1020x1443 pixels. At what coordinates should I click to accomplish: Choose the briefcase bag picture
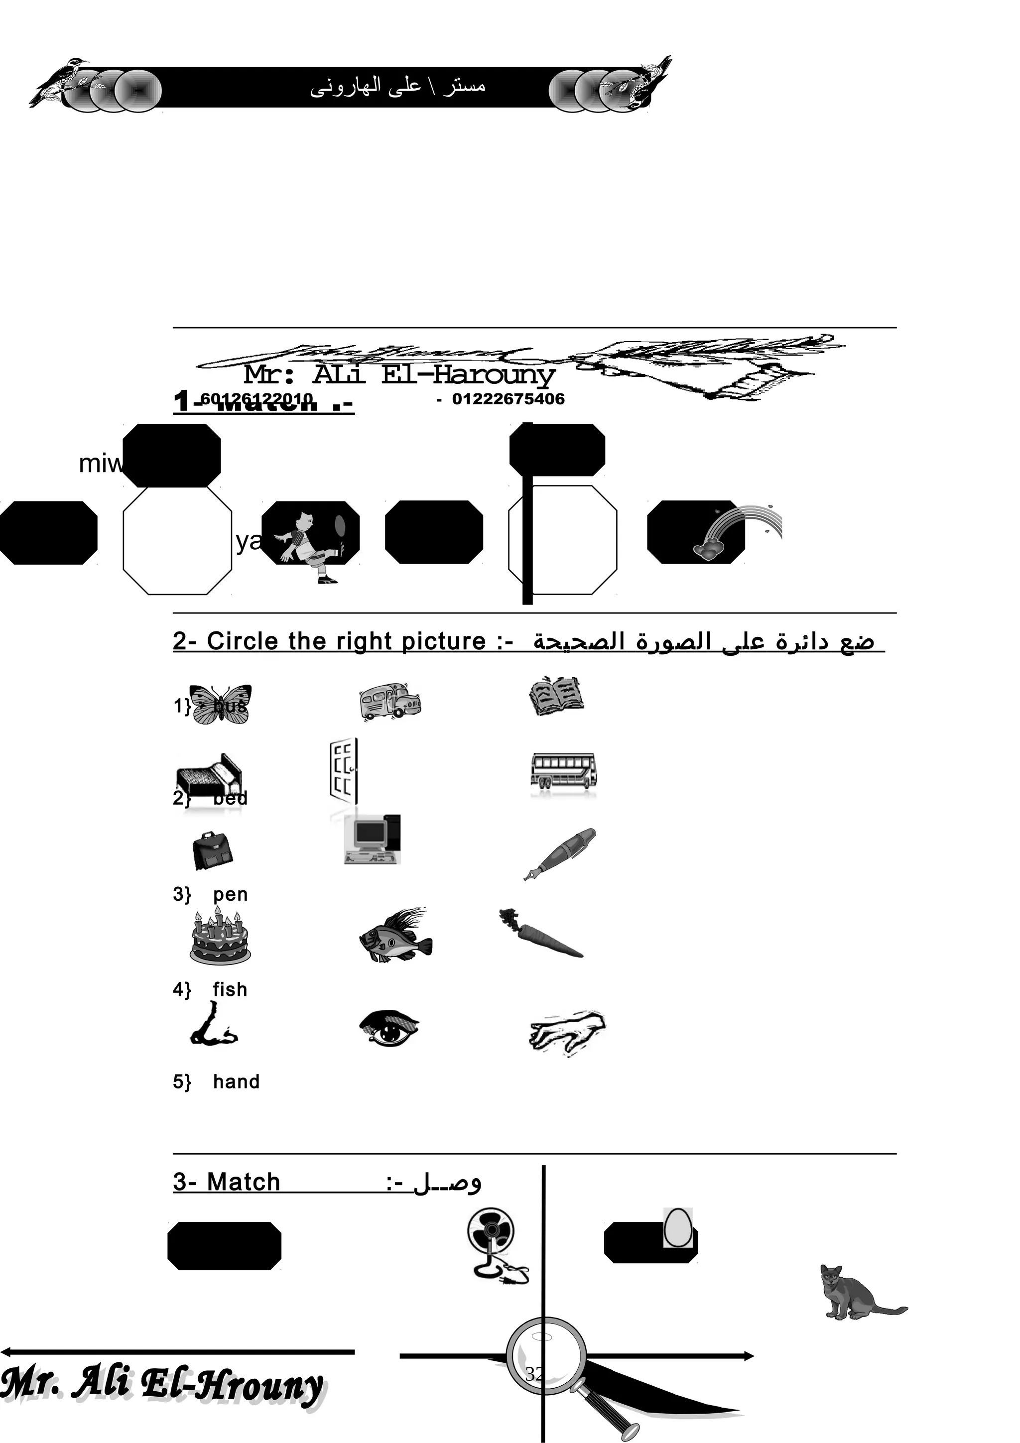[213, 851]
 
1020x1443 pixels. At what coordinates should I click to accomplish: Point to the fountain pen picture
[559, 853]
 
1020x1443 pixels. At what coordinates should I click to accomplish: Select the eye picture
[389, 1029]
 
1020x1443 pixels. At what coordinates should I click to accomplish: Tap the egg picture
[678, 1226]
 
